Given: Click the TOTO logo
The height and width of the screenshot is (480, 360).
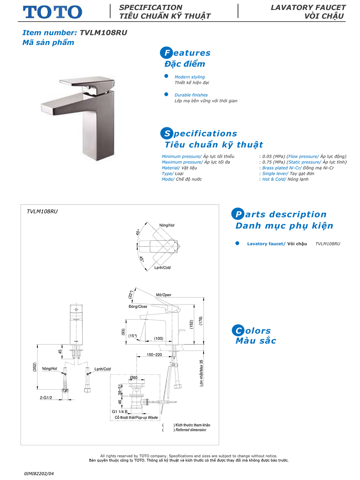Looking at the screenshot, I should pos(52,12).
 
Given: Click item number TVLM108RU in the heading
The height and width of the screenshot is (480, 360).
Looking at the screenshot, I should pos(103,33).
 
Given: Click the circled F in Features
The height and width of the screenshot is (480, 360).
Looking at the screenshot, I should pos(166,53).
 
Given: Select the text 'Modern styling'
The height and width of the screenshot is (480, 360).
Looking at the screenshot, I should pos(189,77).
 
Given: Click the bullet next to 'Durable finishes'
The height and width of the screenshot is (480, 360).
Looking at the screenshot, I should pos(166,94).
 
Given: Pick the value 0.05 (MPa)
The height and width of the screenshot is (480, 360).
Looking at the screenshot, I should pos(273,157).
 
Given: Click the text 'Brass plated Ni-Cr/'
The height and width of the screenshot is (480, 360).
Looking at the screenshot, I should pos(282,168).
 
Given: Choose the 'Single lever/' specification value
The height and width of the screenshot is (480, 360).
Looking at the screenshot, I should pos(275,174).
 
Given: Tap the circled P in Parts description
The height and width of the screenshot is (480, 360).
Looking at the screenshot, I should pos(238,214).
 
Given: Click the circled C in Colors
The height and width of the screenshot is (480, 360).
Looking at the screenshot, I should pos(238,330).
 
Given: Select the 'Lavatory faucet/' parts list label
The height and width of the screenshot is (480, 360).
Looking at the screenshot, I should pos(266,244).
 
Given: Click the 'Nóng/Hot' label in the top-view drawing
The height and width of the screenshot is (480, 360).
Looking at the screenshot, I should pos(167,226).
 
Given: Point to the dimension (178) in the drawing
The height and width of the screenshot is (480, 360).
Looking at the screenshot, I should pos(201,321).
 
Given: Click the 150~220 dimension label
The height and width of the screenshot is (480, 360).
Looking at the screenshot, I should pos(154,355).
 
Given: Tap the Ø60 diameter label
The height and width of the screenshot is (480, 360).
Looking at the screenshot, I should pos(133,378).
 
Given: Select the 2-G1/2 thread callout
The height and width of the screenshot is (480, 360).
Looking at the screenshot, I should pos(46,398).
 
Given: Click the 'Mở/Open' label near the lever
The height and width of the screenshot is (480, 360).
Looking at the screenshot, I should pos(163,295).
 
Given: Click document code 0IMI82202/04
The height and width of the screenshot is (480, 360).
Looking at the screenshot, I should pos(39,474).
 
